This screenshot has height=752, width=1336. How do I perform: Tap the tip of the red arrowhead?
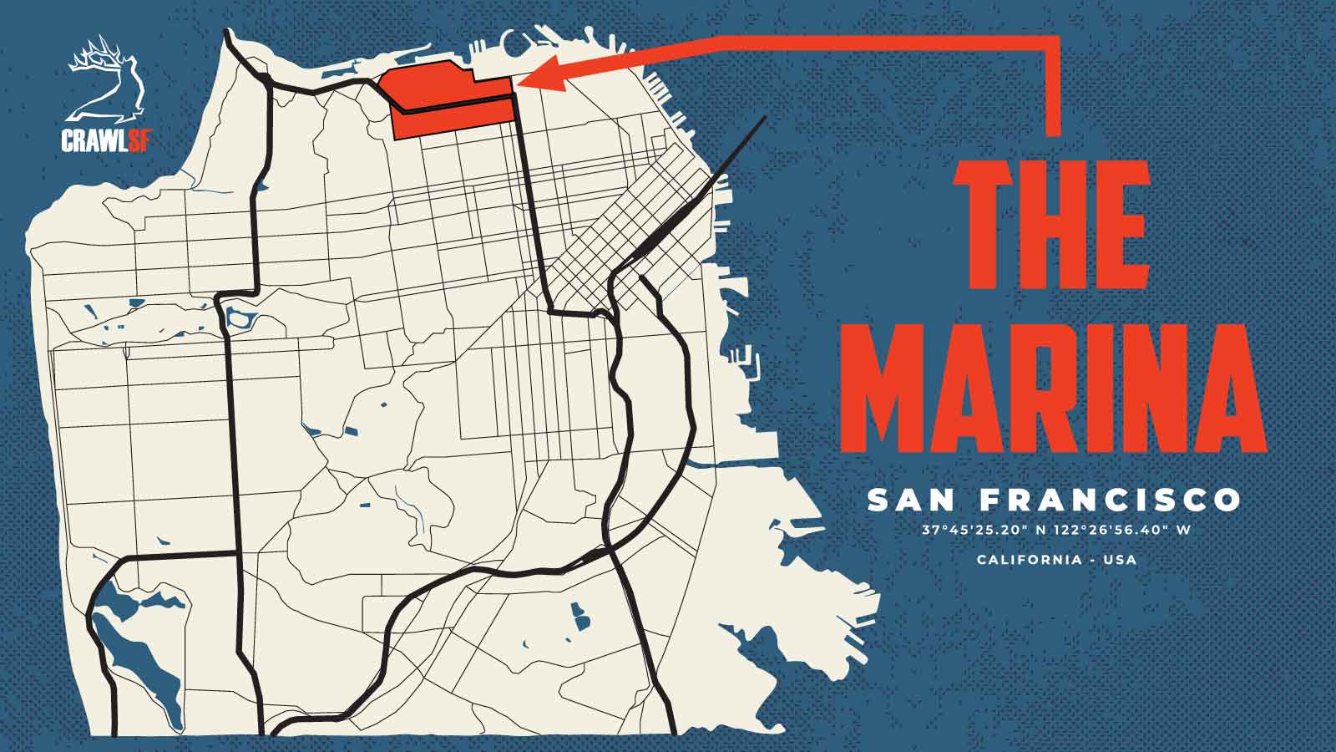[520, 81]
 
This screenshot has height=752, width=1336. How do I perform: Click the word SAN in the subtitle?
[913, 500]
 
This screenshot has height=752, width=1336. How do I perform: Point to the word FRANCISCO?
[1111, 500]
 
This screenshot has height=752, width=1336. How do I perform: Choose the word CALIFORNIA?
[1029, 559]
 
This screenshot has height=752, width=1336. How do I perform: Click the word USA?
[1120, 559]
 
